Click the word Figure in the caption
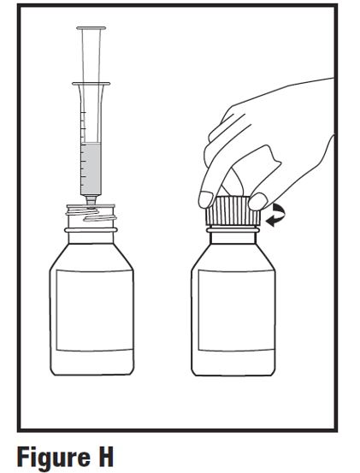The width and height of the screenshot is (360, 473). [x=54, y=458]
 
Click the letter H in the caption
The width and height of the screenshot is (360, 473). [x=104, y=456]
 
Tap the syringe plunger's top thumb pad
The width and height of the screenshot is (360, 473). [x=91, y=28]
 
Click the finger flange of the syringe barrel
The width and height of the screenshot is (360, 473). [x=91, y=84]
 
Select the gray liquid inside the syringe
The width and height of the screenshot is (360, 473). [x=91, y=169]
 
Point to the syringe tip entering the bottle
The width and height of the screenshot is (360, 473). [x=91, y=201]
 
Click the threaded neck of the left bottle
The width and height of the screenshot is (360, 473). [x=91, y=215]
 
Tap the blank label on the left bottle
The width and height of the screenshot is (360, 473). [x=95, y=310]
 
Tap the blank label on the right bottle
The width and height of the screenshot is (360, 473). [x=236, y=310]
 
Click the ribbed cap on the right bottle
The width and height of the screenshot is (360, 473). [x=233, y=211]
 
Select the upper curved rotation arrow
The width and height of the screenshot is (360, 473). [x=279, y=210]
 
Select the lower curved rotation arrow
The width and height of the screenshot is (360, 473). [x=274, y=222]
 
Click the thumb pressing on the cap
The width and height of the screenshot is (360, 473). [x=258, y=202]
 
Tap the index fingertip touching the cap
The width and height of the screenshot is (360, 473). [x=206, y=199]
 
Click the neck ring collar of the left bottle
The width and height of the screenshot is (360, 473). [x=91, y=230]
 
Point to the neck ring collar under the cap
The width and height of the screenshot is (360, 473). [x=233, y=230]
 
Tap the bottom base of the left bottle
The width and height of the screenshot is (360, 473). [x=92, y=373]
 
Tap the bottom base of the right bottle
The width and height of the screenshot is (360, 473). [x=233, y=373]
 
